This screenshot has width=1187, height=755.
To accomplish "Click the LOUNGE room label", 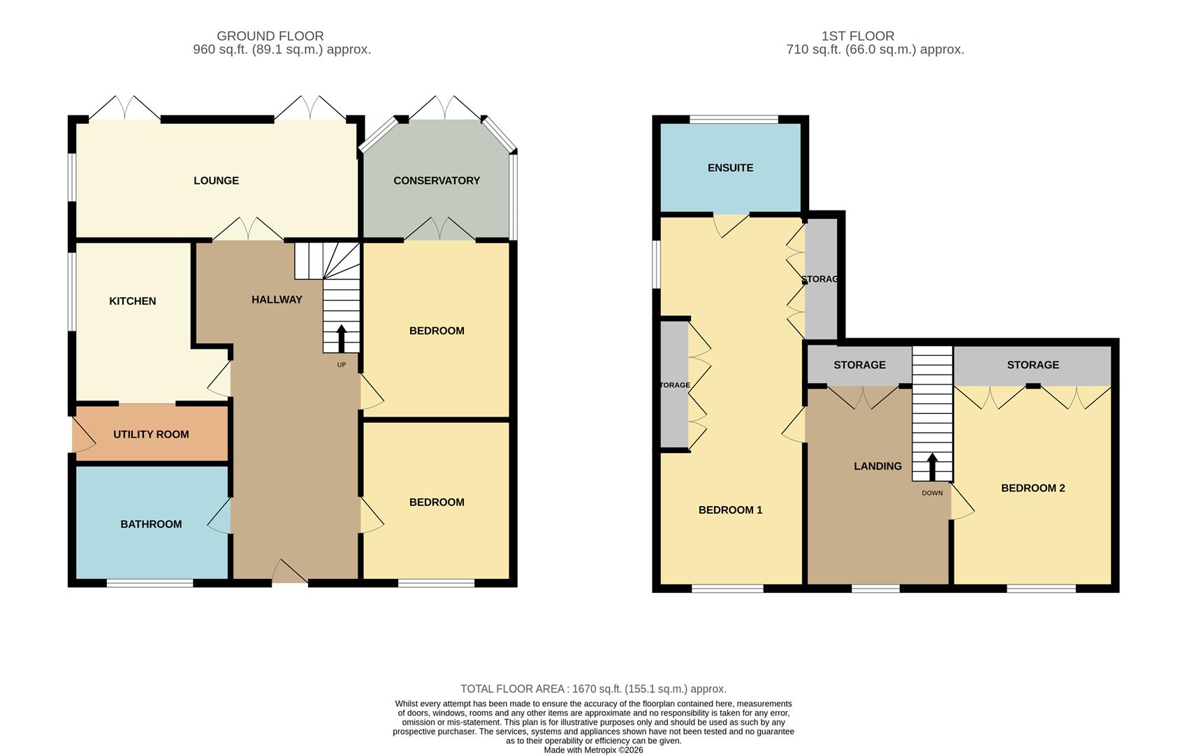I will point(216,180).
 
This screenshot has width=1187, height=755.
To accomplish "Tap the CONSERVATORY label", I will point(437,180).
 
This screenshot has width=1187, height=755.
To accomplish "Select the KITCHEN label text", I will point(133,301).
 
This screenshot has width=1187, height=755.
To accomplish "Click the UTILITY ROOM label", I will point(151,434).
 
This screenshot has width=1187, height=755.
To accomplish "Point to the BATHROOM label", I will point(151,524).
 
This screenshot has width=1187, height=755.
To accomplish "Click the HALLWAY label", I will point(277,299).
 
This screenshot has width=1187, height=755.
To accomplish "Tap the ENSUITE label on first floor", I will point(730,168).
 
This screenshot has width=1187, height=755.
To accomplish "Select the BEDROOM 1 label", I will point(730,510).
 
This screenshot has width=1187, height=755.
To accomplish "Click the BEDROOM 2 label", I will point(1033,488).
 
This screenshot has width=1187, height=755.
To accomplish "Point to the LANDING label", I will point(877,466).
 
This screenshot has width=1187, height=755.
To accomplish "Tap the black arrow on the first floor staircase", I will point(932,466).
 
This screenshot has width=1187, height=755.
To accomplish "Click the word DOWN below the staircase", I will point(932,493).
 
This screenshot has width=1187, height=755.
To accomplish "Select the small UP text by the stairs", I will point(341,365).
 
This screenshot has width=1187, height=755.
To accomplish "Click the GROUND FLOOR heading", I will point(270,36).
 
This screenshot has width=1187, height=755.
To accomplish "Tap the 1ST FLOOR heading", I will point(857,36).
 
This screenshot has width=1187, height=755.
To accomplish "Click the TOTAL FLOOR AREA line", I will point(593,689).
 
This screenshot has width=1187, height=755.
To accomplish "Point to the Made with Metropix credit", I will point(593,750).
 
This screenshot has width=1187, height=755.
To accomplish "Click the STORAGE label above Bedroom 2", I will point(1033,365).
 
